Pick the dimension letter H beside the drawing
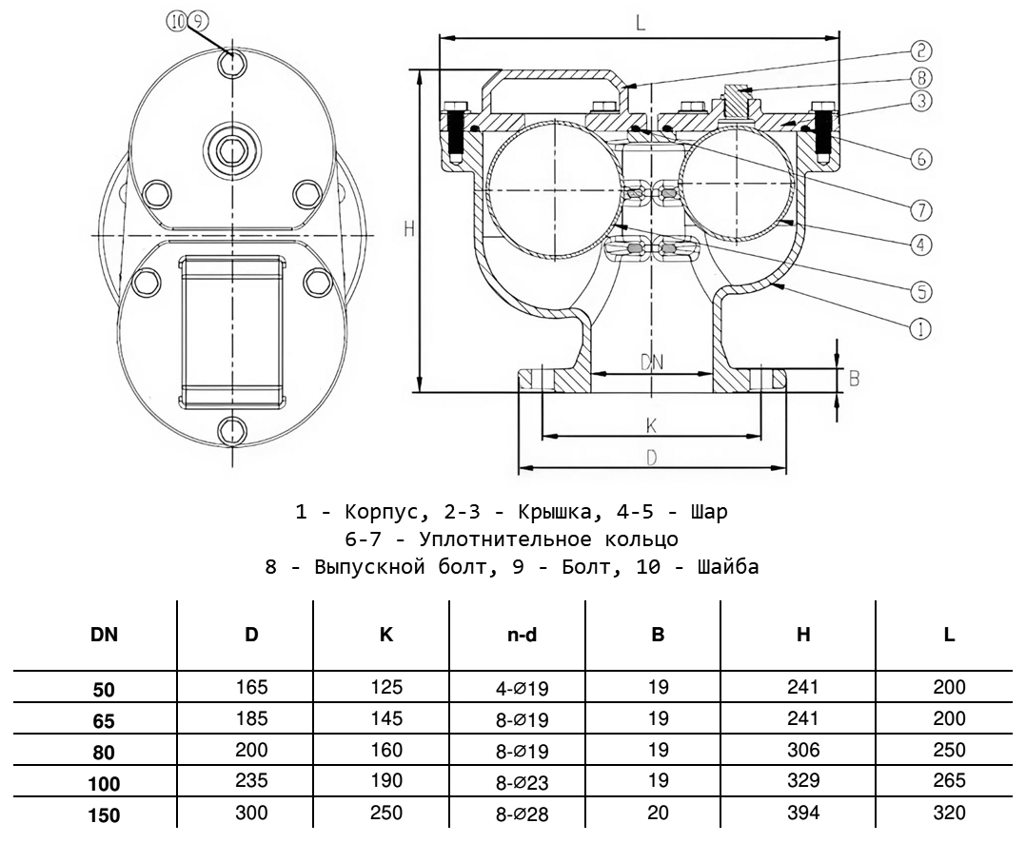point(407,229)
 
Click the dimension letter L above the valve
point(640,25)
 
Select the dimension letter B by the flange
point(854,378)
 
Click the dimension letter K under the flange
point(651,423)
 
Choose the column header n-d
point(522,635)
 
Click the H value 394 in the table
point(803,814)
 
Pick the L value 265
point(949,781)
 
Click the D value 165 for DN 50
point(251,687)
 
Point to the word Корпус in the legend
point(377,512)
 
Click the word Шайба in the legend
point(729,568)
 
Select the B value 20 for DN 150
point(658,814)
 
